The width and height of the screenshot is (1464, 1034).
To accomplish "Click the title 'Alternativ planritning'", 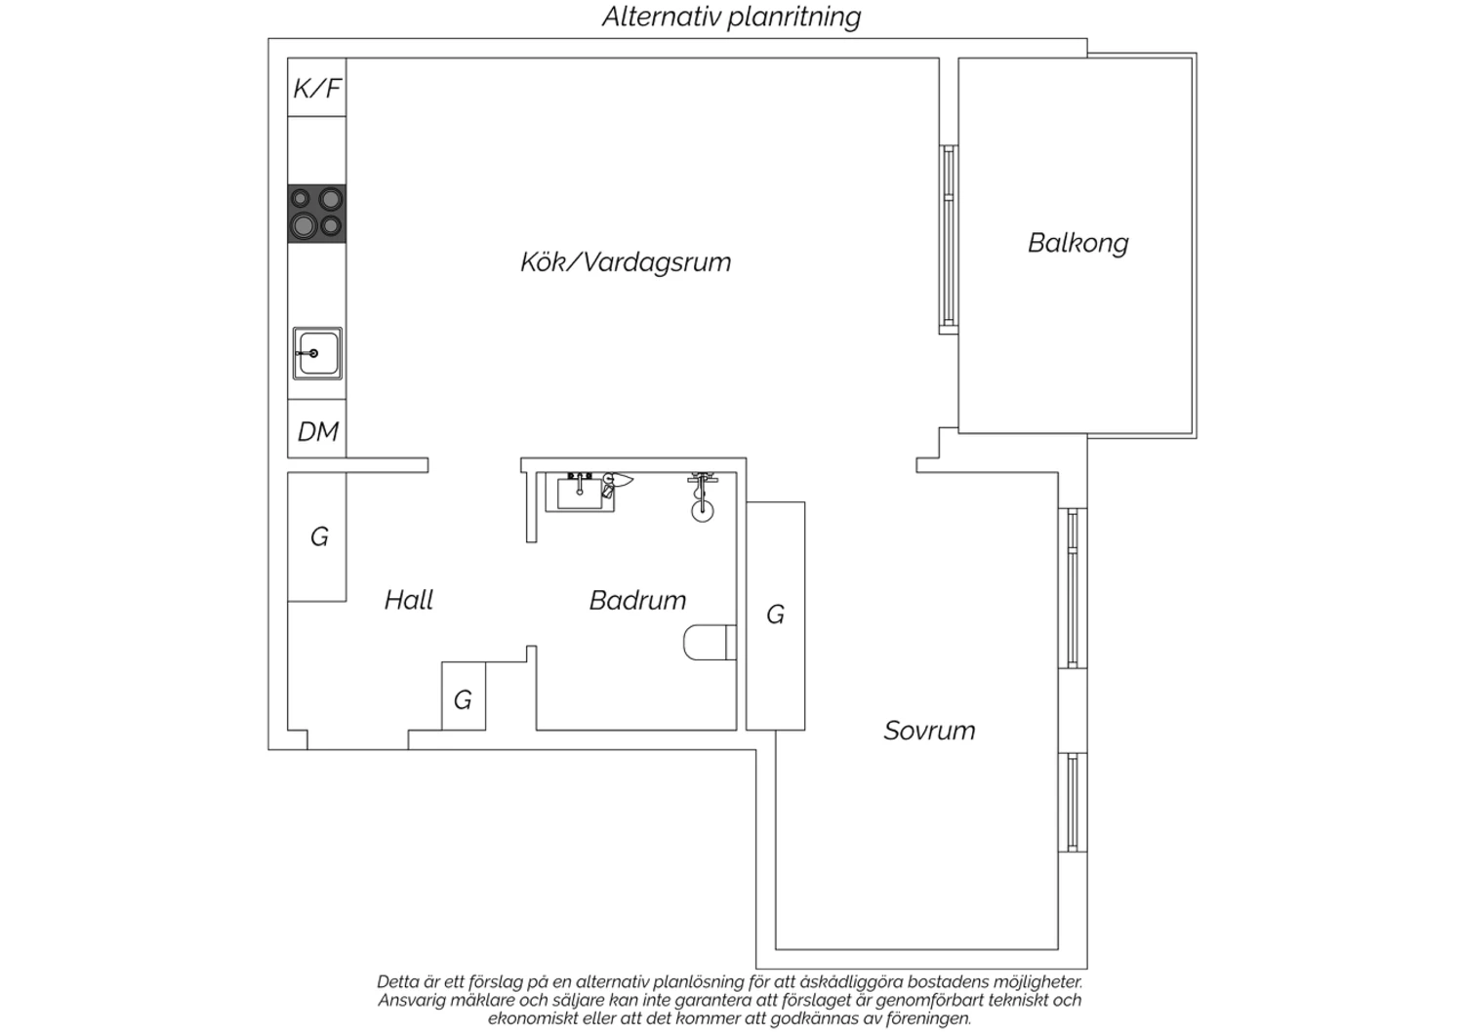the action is click(x=731, y=18).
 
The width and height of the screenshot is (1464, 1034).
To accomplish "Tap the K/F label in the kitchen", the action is click(x=317, y=88).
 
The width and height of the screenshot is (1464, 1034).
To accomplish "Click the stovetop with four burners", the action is click(x=317, y=214).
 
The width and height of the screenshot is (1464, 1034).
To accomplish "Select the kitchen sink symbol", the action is click(x=317, y=353).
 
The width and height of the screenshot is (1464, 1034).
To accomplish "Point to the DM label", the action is click(x=317, y=432).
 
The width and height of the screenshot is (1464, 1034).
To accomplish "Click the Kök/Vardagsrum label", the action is click(x=626, y=262).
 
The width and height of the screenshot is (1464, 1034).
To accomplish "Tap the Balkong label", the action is click(x=1078, y=244).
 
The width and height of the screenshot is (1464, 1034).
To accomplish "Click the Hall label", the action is click(x=409, y=600).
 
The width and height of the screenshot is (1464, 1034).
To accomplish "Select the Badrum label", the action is click(x=637, y=601).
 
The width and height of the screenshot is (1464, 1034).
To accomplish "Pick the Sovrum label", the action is click(x=929, y=731).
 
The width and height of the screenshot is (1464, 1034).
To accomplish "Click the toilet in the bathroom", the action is click(x=710, y=643).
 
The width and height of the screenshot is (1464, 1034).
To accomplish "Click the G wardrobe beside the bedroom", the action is click(x=775, y=616).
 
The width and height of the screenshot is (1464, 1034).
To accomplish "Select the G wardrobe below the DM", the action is click(x=317, y=537).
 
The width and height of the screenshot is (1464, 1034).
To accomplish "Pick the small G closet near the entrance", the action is click(x=464, y=696).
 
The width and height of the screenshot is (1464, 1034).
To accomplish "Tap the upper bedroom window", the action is click(x=1073, y=588).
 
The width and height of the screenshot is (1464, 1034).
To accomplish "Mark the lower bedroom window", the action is click(x=1073, y=803).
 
